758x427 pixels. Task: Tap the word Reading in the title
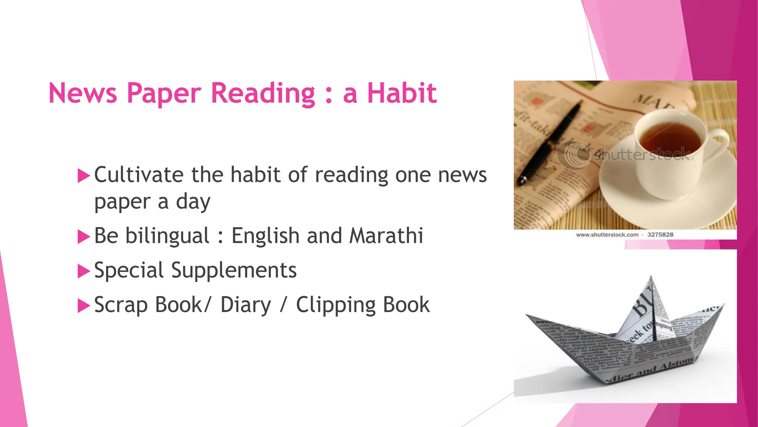[x=263, y=93]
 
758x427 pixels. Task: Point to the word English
[x=265, y=236]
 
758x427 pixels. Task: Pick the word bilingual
[x=167, y=236]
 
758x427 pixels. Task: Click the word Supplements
[x=234, y=271]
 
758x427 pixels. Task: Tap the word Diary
[x=246, y=305]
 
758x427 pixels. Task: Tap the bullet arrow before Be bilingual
[x=84, y=236]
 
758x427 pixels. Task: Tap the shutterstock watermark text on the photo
[x=642, y=154]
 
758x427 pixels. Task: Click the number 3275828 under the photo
[x=660, y=235]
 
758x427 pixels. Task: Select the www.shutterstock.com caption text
[x=607, y=235]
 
